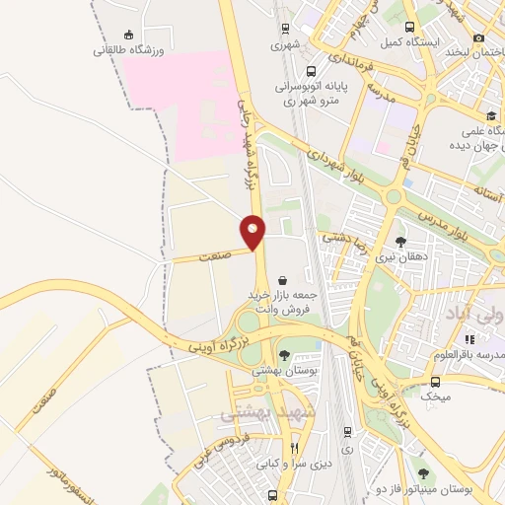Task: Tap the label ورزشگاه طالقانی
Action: (127, 48)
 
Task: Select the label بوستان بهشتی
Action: (282, 371)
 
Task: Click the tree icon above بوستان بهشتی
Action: (285, 355)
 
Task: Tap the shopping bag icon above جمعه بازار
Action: (284, 279)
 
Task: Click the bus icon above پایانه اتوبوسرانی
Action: (311, 70)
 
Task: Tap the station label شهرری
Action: (285, 45)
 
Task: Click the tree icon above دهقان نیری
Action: (399, 241)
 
